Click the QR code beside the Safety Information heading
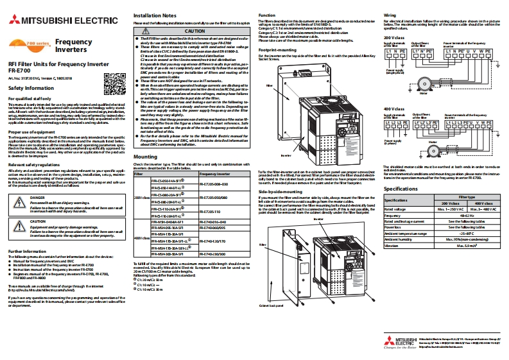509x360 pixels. (113, 81)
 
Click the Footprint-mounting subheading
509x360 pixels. (277, 49)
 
